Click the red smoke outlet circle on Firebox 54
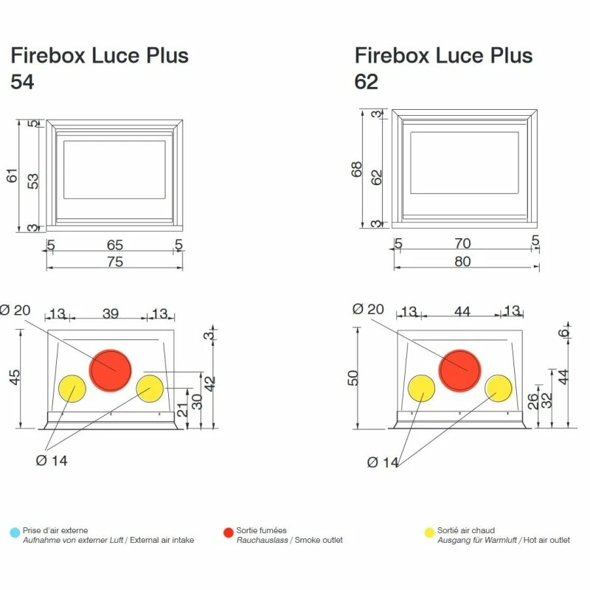click(110, 371)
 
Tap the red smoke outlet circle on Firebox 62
click(459, 371)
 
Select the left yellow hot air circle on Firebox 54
click(72, 389)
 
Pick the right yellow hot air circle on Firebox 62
click(499, 389)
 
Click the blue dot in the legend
click(15, 532)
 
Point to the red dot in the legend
click(229, 532)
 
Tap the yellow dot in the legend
click(429, 532)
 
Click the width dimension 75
click(115, 262)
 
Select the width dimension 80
click(462, 261)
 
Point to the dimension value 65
click(115, 245)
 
